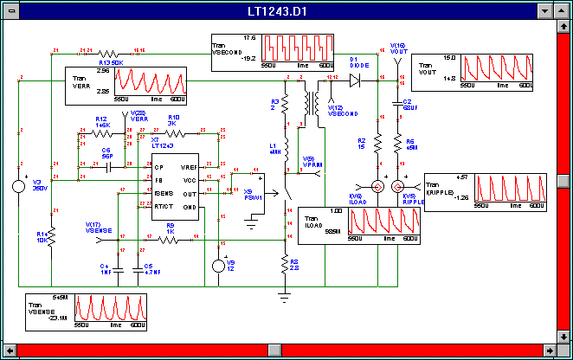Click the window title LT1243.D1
pos(286,10)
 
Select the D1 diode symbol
pos(354,80)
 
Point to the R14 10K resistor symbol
pos(51,235)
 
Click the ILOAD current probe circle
pos(378,187)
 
